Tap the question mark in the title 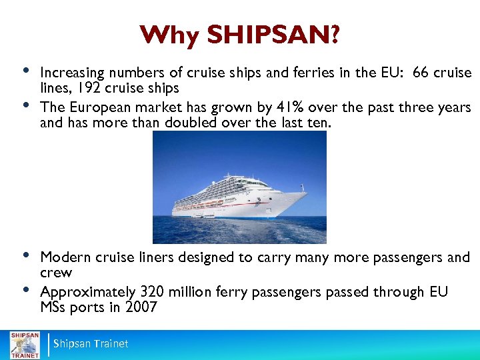click(332, 35)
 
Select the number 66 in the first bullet click(421, 73)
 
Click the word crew click(56, 273)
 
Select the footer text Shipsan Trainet click(91, 344)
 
